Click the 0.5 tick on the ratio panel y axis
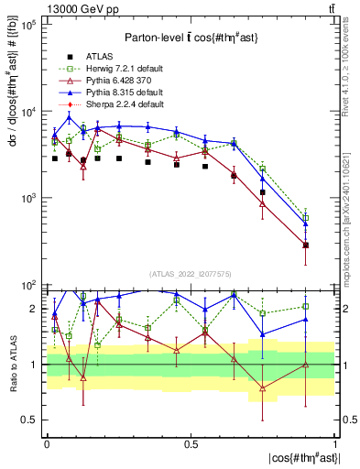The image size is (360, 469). tap(30, 420)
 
